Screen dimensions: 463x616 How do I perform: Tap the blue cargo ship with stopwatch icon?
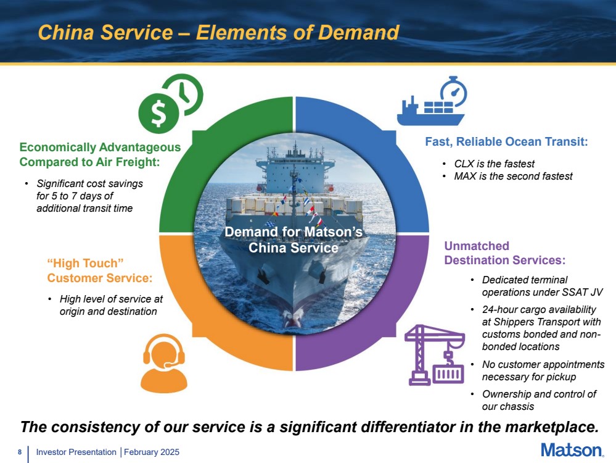[432, 101]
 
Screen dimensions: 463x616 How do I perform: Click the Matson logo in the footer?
[571, 450]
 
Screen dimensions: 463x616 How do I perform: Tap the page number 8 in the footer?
[20, 453]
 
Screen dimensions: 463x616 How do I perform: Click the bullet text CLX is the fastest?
[494, 164]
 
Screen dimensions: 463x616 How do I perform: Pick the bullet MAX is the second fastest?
[513, 177]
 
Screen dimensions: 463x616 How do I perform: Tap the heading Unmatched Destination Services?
[504, 253]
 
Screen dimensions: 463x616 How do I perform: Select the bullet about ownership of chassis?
[539, 400]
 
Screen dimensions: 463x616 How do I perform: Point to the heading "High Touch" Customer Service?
[99, 270]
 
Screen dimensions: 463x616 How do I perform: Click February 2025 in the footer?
[152, 453]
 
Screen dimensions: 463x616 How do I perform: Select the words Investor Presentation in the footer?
[76, 453]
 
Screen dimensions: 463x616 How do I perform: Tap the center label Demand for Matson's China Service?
[293, 240]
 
